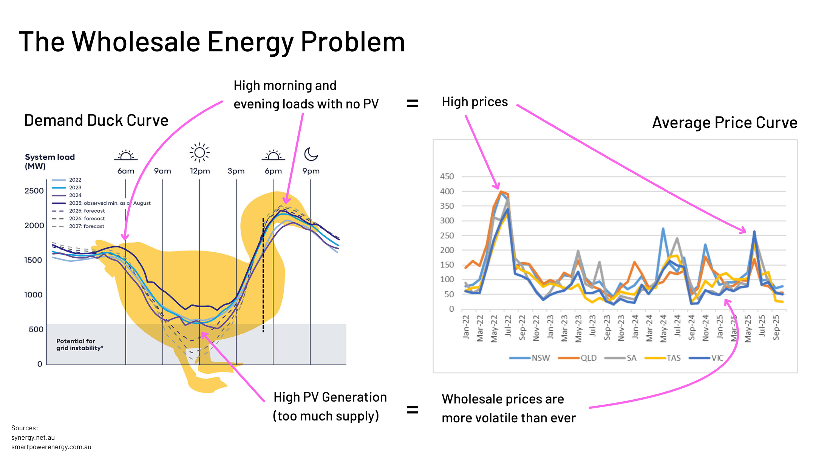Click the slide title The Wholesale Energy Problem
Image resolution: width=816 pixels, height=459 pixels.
pyautogui.click(x=212, y=42)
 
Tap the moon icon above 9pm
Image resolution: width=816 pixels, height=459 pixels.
pyautogui.click(x=311, y=154)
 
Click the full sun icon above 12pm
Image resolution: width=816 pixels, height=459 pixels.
pyautogui.click(x=199, y=153)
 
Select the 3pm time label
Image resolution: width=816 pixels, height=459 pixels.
pyautogui.click(x=236, y=171)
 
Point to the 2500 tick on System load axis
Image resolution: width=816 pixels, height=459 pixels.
pyautogui.click(x=34, y=191)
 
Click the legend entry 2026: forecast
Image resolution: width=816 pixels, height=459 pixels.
pyautogui.click(x=87, y=219)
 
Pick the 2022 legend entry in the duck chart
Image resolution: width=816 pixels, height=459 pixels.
pyautogui.click(x=75, y=180)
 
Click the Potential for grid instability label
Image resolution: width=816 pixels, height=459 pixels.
pyautogui.click(x=79, y=345)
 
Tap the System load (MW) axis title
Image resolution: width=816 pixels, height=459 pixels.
pyautogui.click(x=49, y=161)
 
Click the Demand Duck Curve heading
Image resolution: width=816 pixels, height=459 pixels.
pyautogui.click(x=96, y=121)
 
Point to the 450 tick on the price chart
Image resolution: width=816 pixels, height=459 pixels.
pyautogui.click(x=447, y=176)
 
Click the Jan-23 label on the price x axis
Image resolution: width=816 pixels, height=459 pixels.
pyautogui.click(x=550, y=327)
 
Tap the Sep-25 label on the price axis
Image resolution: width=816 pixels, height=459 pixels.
pyautogui.click(x=776, y=327)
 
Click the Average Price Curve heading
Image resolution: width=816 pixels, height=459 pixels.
pyautogui.click(x=724, y=123)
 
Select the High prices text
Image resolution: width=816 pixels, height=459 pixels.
pyautogui.click(x=474, y=102)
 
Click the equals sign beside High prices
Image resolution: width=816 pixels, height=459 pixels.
pyautogui.click(x=412, y=103)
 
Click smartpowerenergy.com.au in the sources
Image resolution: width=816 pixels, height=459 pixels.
pyautogui.click(x=51, y=447)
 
